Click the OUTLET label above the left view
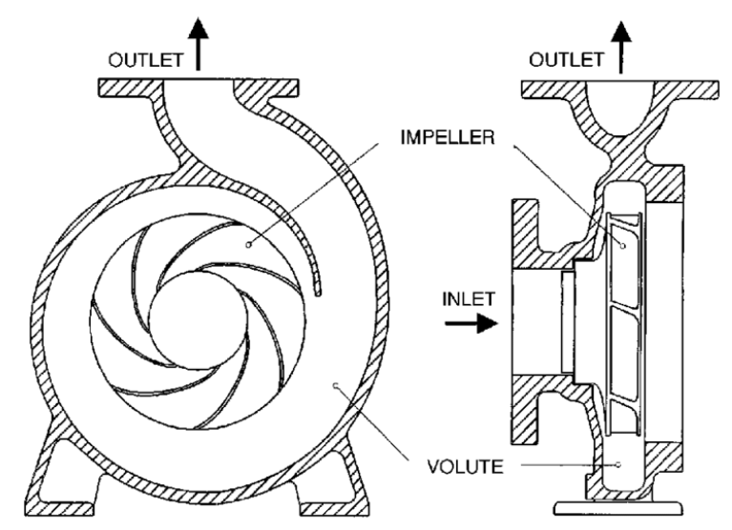pyautogui.click(x=142, y=59)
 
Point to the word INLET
pyautogui.click(x=469, y=298)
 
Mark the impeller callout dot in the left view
pyautogui.click(x=250, y=244)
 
